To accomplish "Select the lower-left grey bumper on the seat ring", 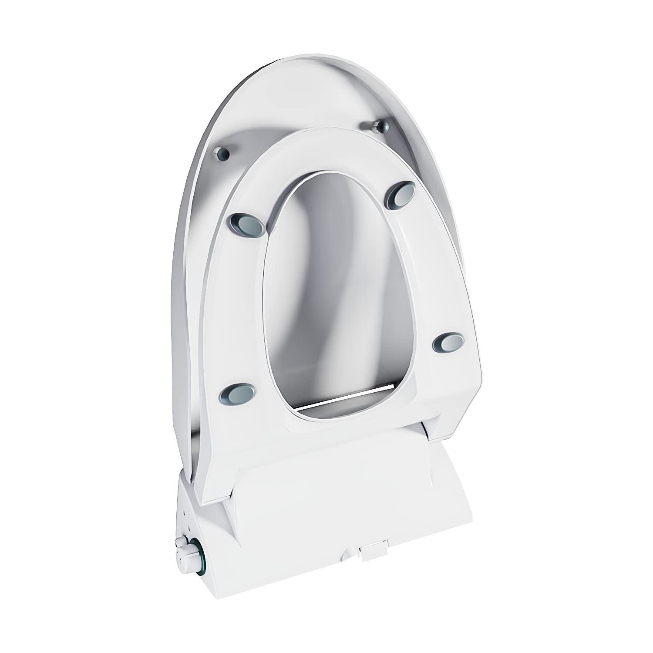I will [x=237, y=393].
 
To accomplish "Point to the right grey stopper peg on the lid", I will [x=382, y=127].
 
